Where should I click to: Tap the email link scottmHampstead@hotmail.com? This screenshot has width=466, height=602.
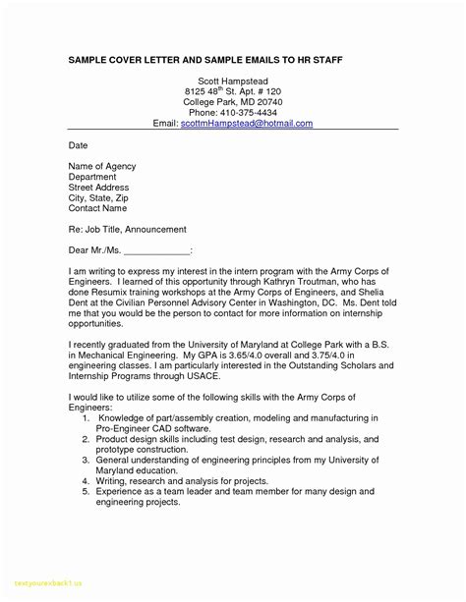252,124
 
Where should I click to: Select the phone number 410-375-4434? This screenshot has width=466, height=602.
249,113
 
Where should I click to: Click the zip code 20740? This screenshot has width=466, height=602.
260,101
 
